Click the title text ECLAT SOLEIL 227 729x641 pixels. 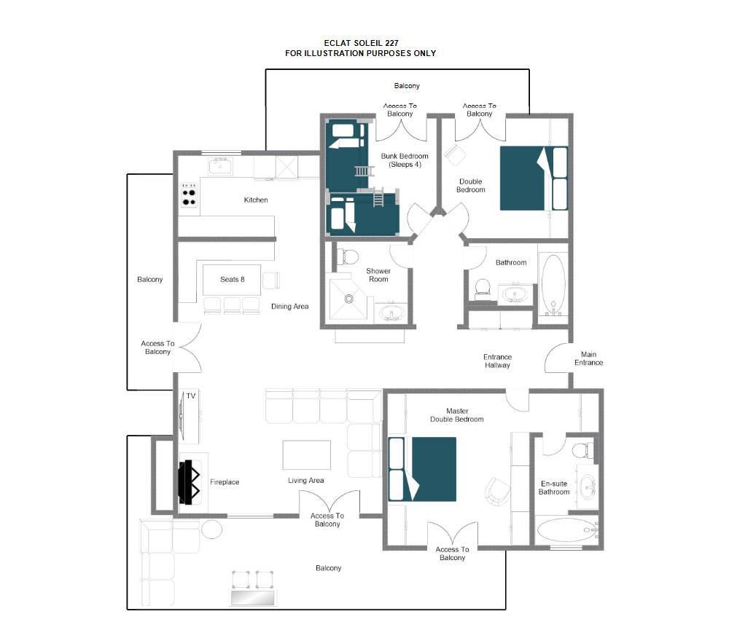[x=361, y=43]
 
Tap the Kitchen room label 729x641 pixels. [x=256, y=200]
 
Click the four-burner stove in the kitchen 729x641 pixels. [x=189, y=195]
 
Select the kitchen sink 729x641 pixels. [x=220, y=166]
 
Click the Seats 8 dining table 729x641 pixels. [x=232, y=280]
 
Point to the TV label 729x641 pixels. [x=190, y=396]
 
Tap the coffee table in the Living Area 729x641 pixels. [x=306, y=455]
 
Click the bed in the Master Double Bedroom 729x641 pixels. [x=422, y=469]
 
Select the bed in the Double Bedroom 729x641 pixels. [x=534, y=178]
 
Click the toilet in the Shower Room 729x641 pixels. [x=347, y=256]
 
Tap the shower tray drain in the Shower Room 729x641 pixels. [x=348, y=299]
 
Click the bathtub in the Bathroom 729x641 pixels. [x=553, y=284]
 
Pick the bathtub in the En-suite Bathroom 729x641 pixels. [x=566, y=530]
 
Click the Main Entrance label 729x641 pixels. [x=588, y=358]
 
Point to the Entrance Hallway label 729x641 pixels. [x=497, y=361]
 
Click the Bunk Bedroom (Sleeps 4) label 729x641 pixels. [x=405, y=160]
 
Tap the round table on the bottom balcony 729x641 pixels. [x=211, y=529]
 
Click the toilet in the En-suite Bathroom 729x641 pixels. [x=582, y=450]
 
